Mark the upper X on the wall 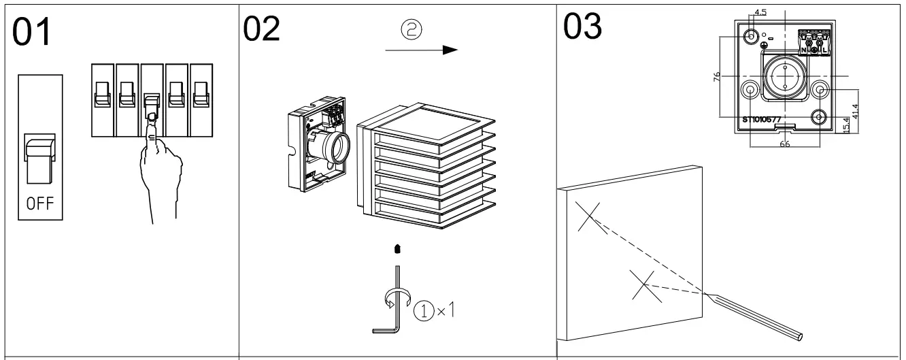tap(590, 217)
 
